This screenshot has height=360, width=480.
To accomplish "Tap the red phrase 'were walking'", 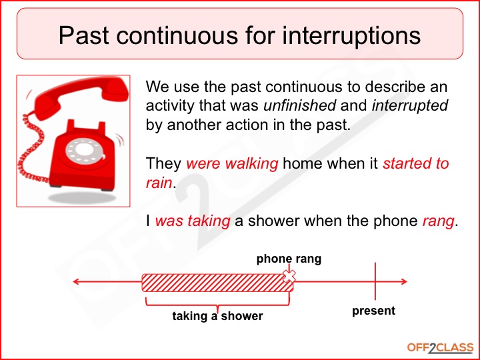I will tap(232, 164).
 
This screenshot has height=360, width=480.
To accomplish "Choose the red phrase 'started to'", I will tap(416, 164).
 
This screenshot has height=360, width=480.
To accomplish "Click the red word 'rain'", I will tap(159, 183).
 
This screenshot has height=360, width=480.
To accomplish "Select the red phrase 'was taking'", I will tap(193, 222).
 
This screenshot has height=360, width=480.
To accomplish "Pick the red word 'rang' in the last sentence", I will tap(437, 222).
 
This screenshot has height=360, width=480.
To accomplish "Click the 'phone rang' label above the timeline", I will tap(289, 259).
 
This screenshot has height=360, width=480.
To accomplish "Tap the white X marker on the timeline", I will tap(289, 276).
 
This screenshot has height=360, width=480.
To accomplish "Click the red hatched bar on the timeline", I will tap(213, 283).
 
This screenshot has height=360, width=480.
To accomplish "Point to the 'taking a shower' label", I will tap(217, 316).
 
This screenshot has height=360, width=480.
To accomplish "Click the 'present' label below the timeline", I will tap(373, 311).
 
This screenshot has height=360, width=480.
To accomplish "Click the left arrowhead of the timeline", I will tap(77, 282).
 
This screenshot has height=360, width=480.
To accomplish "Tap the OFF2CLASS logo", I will tap(440, 347).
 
